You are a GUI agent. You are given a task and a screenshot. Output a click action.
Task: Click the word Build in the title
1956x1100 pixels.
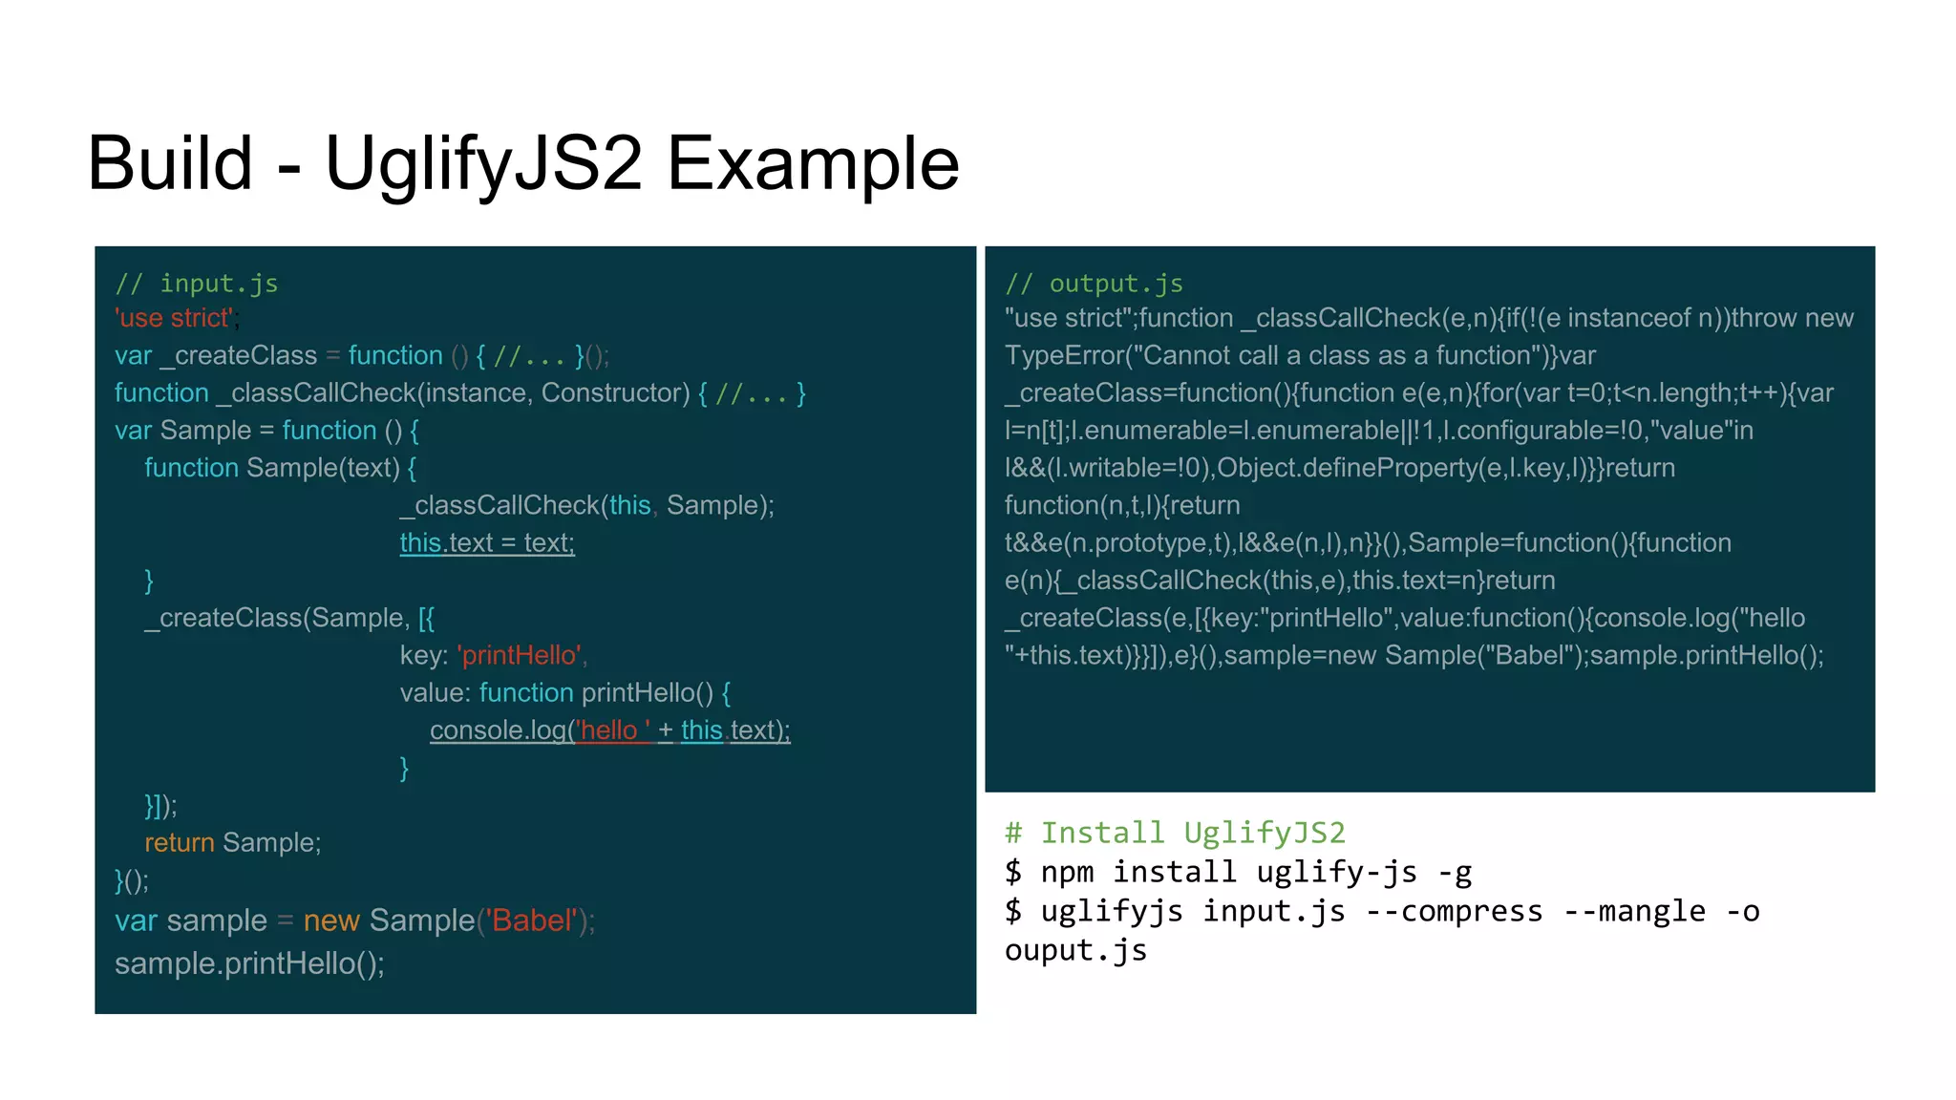(170, 162)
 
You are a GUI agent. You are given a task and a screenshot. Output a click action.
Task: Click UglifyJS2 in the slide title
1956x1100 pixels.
(483, 164)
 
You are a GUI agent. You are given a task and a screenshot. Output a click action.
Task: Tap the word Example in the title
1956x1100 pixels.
(812, 164)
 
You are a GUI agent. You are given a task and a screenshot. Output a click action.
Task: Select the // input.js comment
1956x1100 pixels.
(197, 284)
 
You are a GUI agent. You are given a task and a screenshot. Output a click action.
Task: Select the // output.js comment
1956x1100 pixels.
(1094, 284)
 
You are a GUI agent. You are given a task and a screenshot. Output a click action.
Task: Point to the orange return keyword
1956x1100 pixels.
(180, 842)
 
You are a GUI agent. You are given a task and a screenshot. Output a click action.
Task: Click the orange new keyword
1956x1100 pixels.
(330, 920)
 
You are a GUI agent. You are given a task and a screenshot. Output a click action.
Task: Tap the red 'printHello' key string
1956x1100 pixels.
(520, 655)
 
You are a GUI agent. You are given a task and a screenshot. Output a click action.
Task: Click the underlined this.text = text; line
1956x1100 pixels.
(487, 542)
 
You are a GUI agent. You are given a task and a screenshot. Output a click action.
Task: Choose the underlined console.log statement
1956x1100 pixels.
(609, 730)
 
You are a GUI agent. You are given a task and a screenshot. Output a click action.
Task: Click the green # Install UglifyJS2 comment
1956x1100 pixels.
(1175, 833)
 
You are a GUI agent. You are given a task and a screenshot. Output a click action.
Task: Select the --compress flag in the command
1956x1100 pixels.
(1454, 911)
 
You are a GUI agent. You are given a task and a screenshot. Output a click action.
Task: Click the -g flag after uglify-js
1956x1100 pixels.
(1455, 872)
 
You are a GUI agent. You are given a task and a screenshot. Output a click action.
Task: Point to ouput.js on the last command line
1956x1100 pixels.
(1075, 950)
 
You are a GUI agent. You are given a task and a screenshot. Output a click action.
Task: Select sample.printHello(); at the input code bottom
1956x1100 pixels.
(249, 963)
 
